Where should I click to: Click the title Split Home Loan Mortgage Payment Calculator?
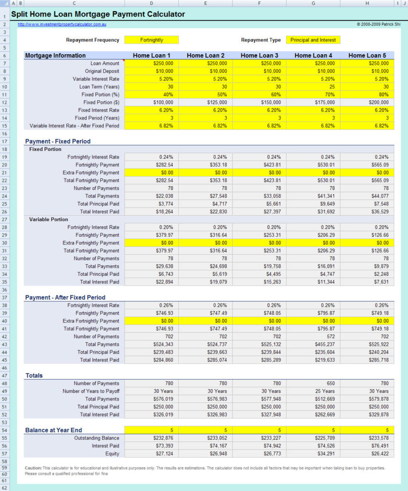[x=98, y=14]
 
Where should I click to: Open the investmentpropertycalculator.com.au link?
[x=62, y=24]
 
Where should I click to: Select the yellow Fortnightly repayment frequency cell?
[x=151, y=40]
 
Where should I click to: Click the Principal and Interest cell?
[x=313, y=40]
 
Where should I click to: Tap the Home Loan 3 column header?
[x=259, y=55]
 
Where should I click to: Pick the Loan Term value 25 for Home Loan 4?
[x=313, y=87]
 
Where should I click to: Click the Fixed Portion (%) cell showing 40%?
[x=151, y=94]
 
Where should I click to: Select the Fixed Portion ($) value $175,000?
[x=313, y=102]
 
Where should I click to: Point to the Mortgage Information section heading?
[x=55, y=55]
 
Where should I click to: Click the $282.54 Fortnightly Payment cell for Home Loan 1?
[x=151, y=165]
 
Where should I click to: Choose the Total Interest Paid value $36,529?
[x=367, y=212]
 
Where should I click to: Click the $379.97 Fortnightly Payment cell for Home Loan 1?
[x=151, y=235]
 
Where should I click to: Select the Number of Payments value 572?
[x=313, y=337]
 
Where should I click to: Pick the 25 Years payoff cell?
[x=313, y=391]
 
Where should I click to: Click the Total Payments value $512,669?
[x=313, y=399]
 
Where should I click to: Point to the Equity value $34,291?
[x=313, y=454]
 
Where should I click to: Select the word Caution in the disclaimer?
[x=33, y=468]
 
